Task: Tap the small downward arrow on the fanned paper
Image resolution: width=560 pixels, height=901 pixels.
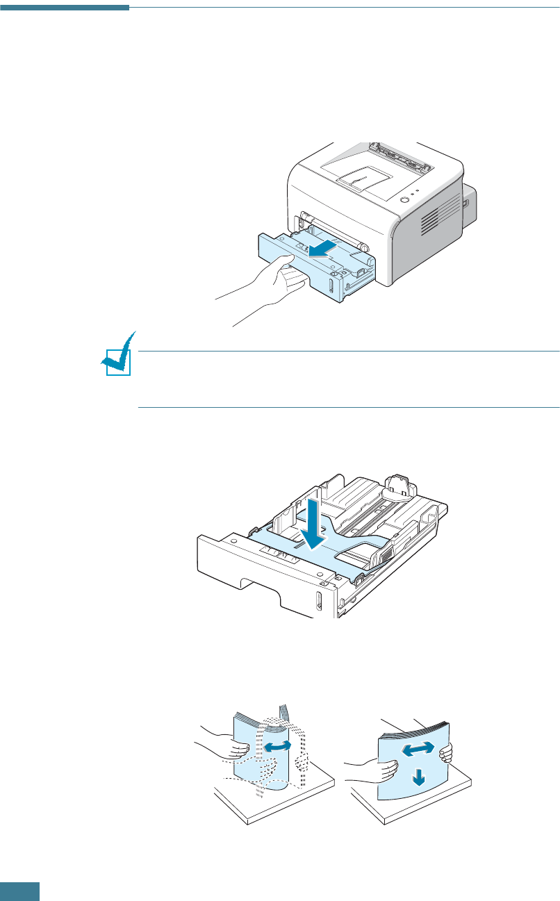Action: [x=417, y=778]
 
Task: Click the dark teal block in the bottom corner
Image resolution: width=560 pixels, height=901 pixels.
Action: [x=19, y=891]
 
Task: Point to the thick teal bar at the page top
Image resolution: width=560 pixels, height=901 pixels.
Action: [x=65, y=8]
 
